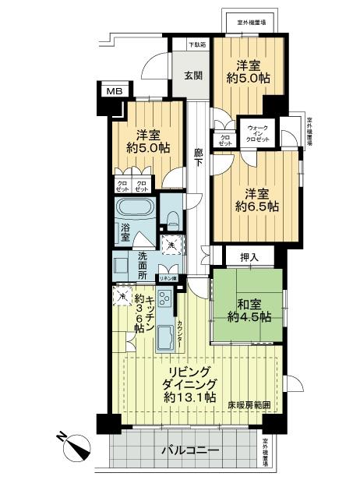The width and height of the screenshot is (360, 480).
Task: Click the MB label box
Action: click(x=115, y=92)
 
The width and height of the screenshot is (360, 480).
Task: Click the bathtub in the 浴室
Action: click(x=136, y=209)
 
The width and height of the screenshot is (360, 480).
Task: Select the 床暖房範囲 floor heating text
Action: click(x=249, y=405)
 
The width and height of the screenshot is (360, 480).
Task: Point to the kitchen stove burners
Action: click(x=165, y=298)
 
